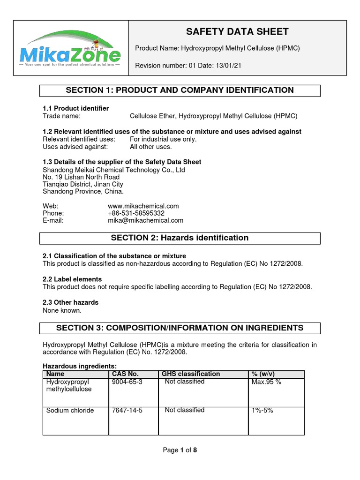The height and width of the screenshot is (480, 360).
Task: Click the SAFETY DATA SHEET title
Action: coord(237,32)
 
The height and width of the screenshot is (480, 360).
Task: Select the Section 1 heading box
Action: coord(180,90)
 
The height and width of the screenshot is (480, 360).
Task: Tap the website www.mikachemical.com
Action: coord(143,206)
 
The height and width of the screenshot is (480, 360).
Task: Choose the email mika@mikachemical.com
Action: coord(146,220)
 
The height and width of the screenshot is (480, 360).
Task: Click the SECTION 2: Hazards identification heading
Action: coord(180,238)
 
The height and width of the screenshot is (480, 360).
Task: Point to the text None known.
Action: coord(62,310)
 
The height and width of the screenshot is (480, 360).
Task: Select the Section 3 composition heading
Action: coord(180,328)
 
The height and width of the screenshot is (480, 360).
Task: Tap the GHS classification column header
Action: coord(191,374)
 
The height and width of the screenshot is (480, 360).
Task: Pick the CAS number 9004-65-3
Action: coord(127,382)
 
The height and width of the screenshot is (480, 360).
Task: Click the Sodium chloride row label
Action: coord(70,411)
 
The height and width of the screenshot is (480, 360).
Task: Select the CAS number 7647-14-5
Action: coord(127,411)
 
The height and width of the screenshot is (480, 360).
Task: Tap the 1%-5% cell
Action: coord(262,411)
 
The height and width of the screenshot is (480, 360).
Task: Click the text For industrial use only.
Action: coord(163,139)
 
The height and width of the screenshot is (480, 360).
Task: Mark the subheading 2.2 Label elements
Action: coord(72,279)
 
